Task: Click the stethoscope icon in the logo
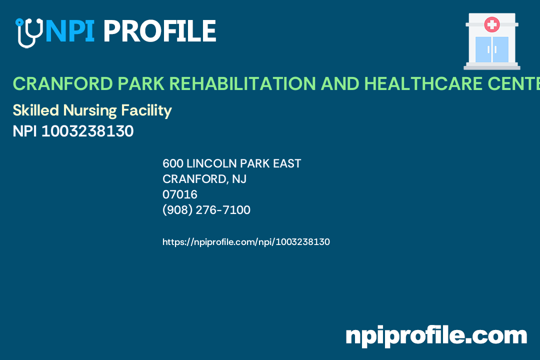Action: [28, 33]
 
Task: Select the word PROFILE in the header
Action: [159, 31]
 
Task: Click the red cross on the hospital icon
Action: [492, 24]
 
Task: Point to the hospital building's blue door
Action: [492, 49]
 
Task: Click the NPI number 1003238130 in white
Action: [87, 131]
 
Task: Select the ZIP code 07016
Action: [180, 194]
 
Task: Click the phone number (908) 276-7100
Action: [206, 210]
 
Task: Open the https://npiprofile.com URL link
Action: [246, 242]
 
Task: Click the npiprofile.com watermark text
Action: [436, 335]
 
